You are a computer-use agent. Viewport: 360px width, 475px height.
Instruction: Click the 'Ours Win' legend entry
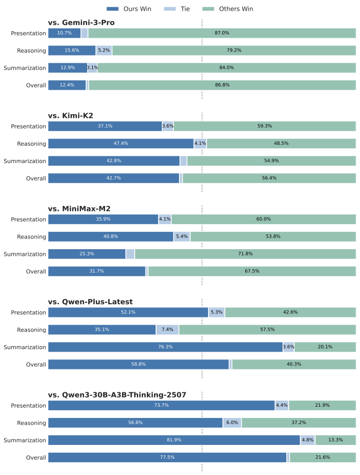(128, 9)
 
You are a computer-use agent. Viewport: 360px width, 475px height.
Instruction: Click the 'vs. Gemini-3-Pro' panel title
(81, 22)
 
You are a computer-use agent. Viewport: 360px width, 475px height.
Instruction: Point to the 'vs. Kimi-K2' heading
(70, 116)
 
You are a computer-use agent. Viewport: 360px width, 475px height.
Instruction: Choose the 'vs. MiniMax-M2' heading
(79, 208)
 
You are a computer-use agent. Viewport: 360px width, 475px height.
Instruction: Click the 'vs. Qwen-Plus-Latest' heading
(90, 302)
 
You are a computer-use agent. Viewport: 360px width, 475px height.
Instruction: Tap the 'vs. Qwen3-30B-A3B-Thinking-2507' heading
(117, 395)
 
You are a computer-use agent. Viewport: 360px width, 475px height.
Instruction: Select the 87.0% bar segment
(222, 33)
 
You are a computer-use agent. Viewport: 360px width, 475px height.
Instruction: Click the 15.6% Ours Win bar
(72, 50)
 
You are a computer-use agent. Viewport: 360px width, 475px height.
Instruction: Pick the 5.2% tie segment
(104, 50)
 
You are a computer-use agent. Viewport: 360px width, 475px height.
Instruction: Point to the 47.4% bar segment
(121, 144)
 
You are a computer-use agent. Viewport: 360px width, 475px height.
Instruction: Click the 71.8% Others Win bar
(245, 254)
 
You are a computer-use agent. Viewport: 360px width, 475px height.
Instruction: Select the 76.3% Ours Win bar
(165, 347)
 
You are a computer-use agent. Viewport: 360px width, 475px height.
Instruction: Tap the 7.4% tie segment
(167, 330)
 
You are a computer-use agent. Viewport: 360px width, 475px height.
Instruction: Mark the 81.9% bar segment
(174, 440)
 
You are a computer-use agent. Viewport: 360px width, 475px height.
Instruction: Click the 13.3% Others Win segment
(336, 440)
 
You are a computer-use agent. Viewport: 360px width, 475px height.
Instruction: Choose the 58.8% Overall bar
(138, 364)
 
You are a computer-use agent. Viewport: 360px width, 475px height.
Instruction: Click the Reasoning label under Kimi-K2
(32, 144)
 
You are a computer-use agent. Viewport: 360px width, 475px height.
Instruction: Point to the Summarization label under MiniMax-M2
(25, 254)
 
